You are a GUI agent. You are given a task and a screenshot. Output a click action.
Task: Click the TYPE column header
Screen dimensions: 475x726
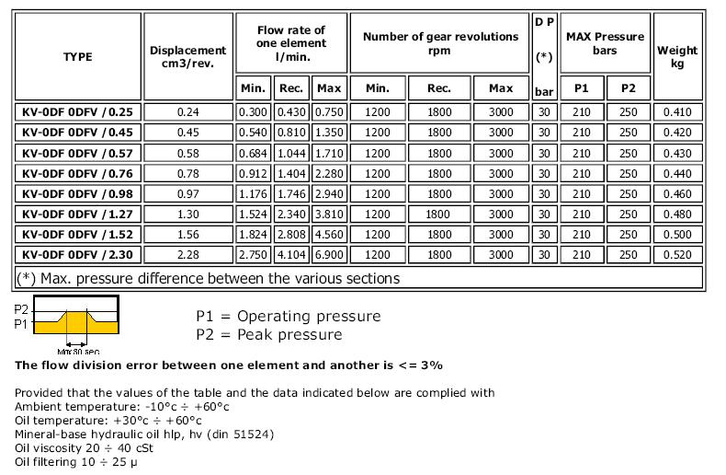coord(77,57)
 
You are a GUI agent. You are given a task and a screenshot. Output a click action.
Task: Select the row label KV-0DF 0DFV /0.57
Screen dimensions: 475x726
coord(77,153)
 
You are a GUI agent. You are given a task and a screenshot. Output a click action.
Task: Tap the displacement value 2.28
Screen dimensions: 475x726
coord(187,254)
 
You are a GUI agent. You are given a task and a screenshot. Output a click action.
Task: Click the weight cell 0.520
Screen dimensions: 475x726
coord(677,254)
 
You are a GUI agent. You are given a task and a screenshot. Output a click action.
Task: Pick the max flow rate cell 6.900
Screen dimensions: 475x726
coord(328,254)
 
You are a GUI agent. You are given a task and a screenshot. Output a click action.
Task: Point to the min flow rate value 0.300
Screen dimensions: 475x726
coord(254,112)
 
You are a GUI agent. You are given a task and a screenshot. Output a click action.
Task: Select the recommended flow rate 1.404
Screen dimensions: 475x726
coord(290,173)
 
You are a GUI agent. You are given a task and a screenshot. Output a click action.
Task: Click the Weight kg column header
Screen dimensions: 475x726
coord(677,57)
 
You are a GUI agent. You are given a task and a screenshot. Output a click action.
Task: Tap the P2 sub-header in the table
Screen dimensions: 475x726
coord(628,88)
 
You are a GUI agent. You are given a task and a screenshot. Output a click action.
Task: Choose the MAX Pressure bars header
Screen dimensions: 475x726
coord(605,43)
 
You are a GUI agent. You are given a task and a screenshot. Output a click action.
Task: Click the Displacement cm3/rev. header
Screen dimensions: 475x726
coord(187,57)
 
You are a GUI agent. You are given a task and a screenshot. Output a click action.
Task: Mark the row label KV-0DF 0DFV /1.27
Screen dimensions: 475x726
coord(77,214)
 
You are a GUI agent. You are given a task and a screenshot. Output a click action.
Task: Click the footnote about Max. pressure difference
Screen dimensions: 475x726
coord(208,277)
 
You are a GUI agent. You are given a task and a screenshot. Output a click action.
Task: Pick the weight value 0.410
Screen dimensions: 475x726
coord(677,112)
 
